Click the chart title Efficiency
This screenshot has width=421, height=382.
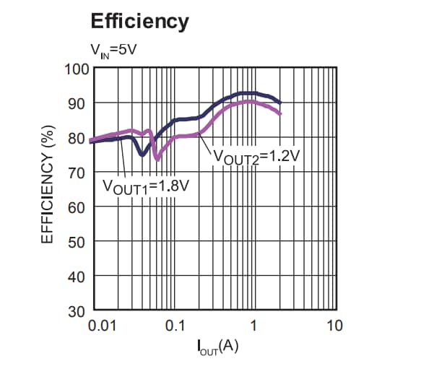[x=139, y=21]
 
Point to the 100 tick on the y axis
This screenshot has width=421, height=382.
[x=75, y=69]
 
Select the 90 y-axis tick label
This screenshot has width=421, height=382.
[x=77, y=104]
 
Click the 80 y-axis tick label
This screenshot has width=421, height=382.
[x=77, y=139]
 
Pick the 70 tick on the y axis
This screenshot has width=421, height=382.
[x=77, y=173]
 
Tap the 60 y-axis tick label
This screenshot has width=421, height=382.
[x=77, y=208]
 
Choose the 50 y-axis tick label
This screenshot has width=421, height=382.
[x=77, y=243]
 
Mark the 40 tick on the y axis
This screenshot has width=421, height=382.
[x=77, y=277]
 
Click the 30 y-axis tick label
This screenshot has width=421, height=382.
[x=77, y=312]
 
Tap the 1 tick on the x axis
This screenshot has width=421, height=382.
[x=253, y=326]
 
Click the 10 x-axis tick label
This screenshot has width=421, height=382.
[x=333, y=326]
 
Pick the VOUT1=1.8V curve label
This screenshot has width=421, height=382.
[x=146, y=186]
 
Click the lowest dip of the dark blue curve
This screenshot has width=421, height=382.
[x=142, y=155]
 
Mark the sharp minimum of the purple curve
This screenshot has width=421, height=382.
[x=156, y=159]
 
